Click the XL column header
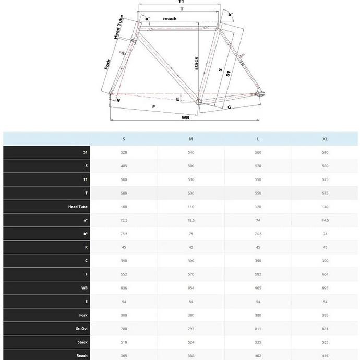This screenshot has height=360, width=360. [x=325, y=139]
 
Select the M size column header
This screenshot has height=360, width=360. [x=191, y=139]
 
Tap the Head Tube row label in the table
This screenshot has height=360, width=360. [x=78, y=207]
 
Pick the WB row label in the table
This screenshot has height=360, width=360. [x=85, y=288]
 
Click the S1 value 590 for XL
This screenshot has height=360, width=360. [x=325, y=152]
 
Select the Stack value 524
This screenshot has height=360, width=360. [x=191, y=342]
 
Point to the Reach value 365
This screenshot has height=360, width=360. [x=124, y=356]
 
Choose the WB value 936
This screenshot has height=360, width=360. [x=124, y=288]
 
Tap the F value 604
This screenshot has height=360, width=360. [x=325, y=274]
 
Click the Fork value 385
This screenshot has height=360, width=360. [x=325, y=315]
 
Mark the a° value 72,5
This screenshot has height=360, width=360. [x=124, y=220]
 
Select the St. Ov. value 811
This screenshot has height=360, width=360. [x=258, y=329]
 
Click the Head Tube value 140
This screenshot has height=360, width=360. [x=325, y=207]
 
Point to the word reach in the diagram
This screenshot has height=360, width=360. [x=170, y=19]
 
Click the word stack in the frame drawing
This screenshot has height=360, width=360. [x=196, y=63]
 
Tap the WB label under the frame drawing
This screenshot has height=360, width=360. [x=185, y=118]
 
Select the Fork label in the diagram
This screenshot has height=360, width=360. [x=107, y=65]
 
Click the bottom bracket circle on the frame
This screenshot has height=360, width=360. [x=198, y=103]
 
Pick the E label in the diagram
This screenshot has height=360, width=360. [x=178, y=99]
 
